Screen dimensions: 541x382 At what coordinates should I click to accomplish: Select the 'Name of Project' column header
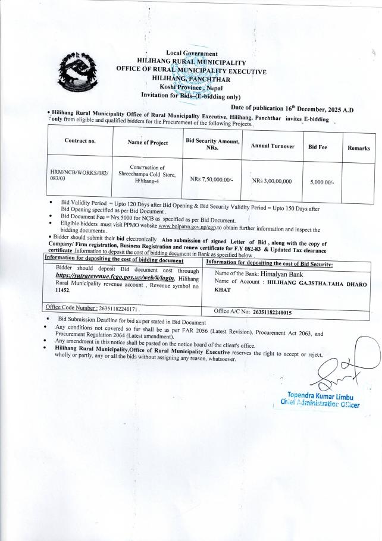[x=148, y=143]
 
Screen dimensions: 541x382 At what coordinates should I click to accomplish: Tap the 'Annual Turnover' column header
[x=273, y=146]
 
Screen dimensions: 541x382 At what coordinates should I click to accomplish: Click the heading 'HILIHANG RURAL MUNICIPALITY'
[x=191, y=61]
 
